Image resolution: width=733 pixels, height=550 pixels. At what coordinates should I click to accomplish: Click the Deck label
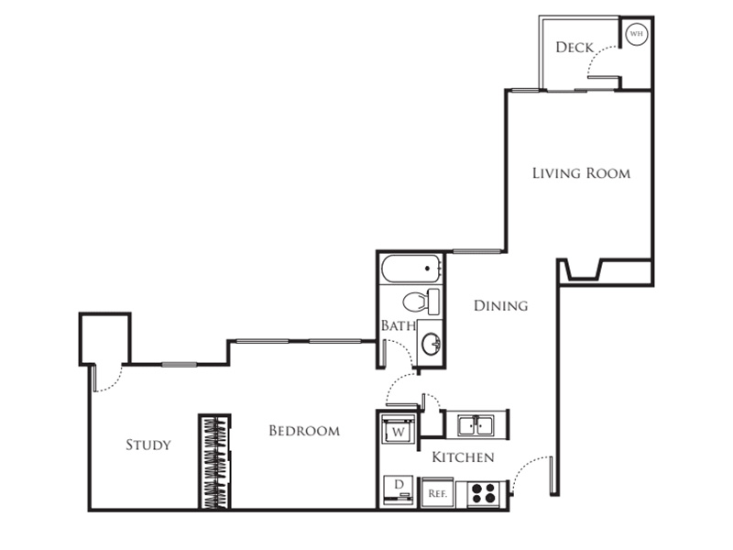click(x=574, y=48)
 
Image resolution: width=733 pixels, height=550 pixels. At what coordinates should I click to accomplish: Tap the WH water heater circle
click(x=636, y=34)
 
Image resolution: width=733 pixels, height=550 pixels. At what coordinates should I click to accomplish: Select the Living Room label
click(x=581, y=173)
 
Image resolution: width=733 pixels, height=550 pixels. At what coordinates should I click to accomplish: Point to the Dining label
click(x=500, y=306)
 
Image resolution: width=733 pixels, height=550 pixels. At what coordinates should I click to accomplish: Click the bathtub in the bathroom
click(x=411, y=269)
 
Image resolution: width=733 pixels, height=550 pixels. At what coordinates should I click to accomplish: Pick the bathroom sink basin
click(x=431, y=344)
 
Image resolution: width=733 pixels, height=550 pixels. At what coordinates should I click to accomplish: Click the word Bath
click(x=399, y=325)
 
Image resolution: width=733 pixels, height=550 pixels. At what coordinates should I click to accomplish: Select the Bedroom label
click(x=304, y=431)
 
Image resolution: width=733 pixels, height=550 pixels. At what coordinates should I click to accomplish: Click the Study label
click(x=148, y=445)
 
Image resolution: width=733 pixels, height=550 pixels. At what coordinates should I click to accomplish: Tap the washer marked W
click(x=398, y=429)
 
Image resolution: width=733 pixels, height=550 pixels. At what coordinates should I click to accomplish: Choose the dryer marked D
click(x=399, y=489)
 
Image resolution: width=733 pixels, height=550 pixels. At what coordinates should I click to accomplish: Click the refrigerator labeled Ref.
click(x=438, y=493)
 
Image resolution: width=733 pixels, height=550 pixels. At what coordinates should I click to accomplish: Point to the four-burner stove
click(x=484, y=493)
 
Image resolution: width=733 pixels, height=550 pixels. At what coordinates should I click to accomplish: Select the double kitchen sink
click(x=476, y=425)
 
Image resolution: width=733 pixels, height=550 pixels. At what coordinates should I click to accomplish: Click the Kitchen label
click(x=463, y=457)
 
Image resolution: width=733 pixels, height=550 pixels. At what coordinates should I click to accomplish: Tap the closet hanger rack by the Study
click(x=215, y=462)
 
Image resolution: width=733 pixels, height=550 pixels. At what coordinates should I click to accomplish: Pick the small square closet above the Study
click(x=104, y=338)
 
